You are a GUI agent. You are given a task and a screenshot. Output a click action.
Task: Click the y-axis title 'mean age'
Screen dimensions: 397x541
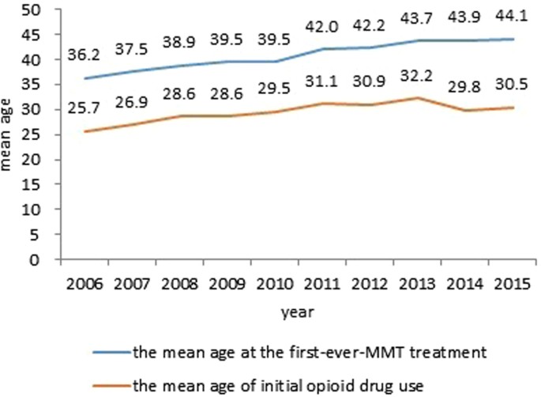click(x=9, y=134)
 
